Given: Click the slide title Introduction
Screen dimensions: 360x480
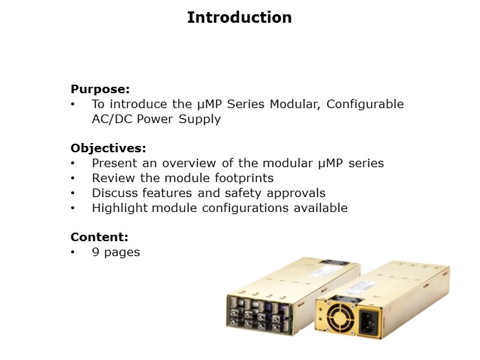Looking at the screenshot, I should pyautogui.click(x=239, y=18).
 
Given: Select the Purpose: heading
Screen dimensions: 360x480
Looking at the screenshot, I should pyautogui.click(x=100, y=89).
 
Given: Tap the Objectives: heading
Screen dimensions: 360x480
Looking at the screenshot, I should pyautogui.click(x=108, y=148).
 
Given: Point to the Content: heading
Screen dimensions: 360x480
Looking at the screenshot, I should pyautogui.click(x=100, y=237).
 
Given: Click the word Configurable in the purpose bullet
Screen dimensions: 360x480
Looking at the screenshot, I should pyautogui.click(x=368, y=104).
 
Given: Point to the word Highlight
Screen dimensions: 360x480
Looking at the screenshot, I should pyautogui.click(x=117, y=208).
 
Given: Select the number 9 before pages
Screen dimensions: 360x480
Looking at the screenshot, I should pyautogui.click(x=95, y=252).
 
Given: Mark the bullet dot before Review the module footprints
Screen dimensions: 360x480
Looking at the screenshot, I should pyautogui.click(x=73, y=178).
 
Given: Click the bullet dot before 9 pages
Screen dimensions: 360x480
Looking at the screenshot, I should pyautogui.click(x=73, y=252).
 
